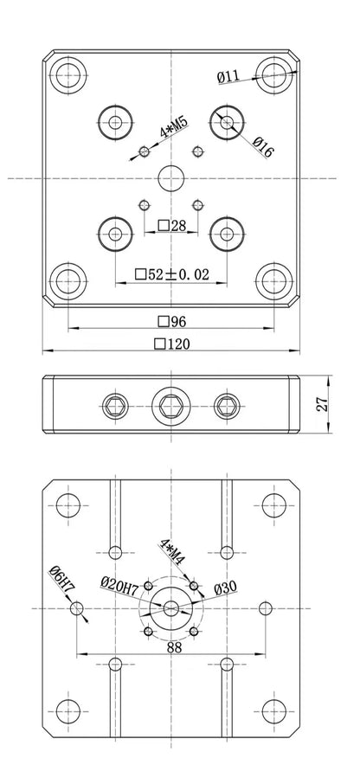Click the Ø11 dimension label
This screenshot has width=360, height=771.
point(228,77)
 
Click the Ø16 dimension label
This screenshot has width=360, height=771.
point(263,149)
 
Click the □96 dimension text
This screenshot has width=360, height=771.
point(171,321)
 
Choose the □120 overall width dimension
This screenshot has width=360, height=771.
point(171,344)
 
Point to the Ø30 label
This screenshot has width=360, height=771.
point(225,588)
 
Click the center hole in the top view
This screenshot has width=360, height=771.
point(171,177)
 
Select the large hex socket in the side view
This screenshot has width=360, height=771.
point(170,404)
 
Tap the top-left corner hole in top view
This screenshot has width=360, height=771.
point(67,74)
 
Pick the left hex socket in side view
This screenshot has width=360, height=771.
point(115,404)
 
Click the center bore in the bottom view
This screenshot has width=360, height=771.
point(171,609)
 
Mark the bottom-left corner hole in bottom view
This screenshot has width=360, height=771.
point(68,713)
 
